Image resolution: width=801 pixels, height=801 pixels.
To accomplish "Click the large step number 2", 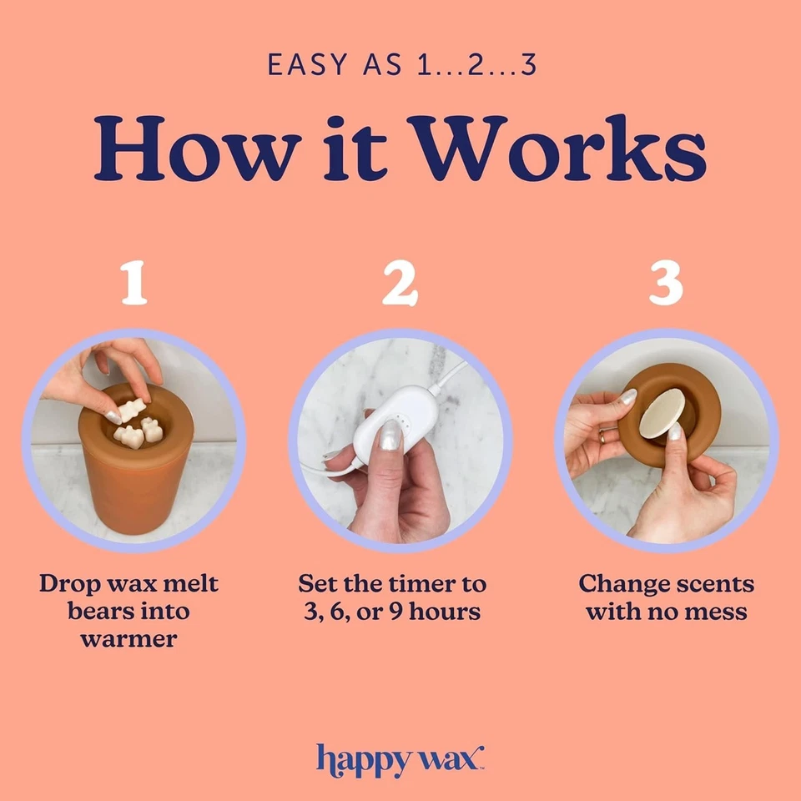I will point(400,285).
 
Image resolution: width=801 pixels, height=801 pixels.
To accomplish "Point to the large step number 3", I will point(666,285).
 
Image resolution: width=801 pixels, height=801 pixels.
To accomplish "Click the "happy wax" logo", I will point(400,759).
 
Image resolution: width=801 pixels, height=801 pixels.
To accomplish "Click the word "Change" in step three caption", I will point(618,583).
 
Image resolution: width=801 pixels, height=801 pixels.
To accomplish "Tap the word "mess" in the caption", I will point(710,612).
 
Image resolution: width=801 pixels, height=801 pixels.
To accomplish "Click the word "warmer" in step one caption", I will point(129,640).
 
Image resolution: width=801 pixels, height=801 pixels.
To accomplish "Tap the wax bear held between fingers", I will point(132,411).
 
